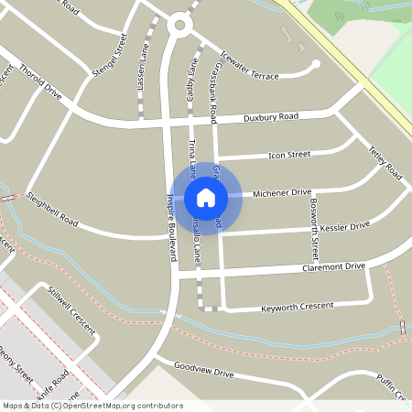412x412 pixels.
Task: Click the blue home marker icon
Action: tap(206, 197)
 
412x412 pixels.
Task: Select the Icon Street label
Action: tap(289, 156)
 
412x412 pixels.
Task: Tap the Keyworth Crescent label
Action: tap(298, 305)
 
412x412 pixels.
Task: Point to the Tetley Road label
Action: tap(385, 162)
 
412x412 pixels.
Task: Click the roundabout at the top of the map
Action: tap(181, 26)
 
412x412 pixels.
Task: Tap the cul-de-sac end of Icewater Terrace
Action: tap(316, 64)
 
